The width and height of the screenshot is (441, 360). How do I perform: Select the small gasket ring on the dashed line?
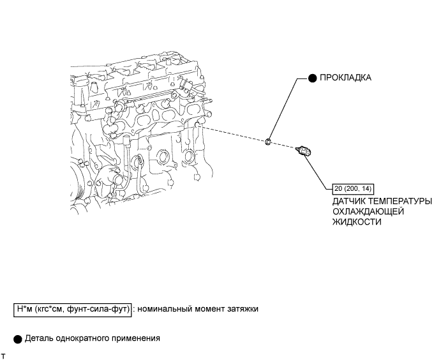coord(269,140)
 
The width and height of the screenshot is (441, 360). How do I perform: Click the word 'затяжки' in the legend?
coord(243,310)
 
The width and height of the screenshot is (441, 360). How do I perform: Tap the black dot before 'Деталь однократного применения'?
coord(18,338)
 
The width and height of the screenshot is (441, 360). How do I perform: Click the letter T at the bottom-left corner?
coord(4,355)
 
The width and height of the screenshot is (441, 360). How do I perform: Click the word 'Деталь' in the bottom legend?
coord(39,338)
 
